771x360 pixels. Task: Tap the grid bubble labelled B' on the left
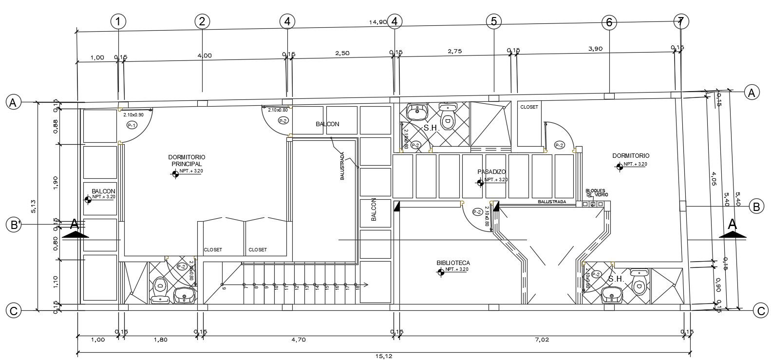(14, 225)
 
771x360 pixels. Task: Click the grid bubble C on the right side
(760, 310)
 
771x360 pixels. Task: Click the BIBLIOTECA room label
(453, 263)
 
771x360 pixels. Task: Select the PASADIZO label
(491, 172)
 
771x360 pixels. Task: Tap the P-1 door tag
(132, 125)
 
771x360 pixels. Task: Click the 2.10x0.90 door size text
(133, 115)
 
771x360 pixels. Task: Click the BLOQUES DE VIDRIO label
(596, 192)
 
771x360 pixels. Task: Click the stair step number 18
(357, 288)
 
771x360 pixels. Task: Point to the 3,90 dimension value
(595, 49)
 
